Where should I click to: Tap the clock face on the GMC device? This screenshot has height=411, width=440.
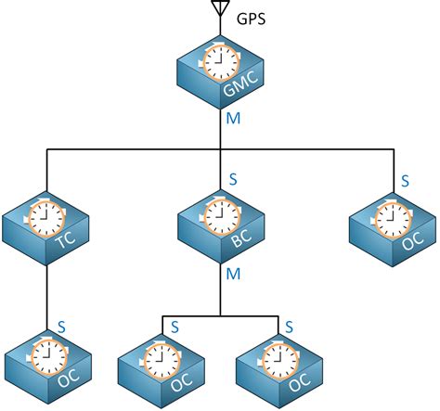(x=220, y=63)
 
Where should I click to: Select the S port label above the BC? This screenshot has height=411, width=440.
(x=233, y=178)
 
